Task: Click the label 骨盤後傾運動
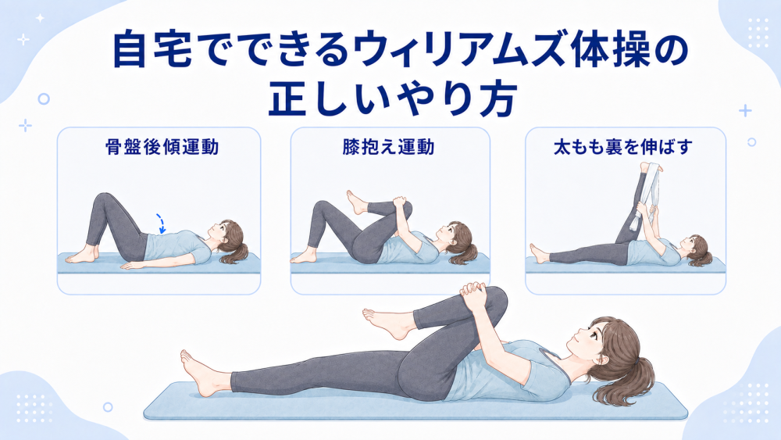[x=162, y=147]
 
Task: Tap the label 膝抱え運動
[x=388, y=147]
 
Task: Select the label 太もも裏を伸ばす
[x=623, y=147]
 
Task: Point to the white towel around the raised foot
[x=644, y=195]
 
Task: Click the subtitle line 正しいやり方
[x=391, y=100]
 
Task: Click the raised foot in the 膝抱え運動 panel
[x=355, y=202]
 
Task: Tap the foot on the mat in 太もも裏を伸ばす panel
[x=539, y=254]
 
